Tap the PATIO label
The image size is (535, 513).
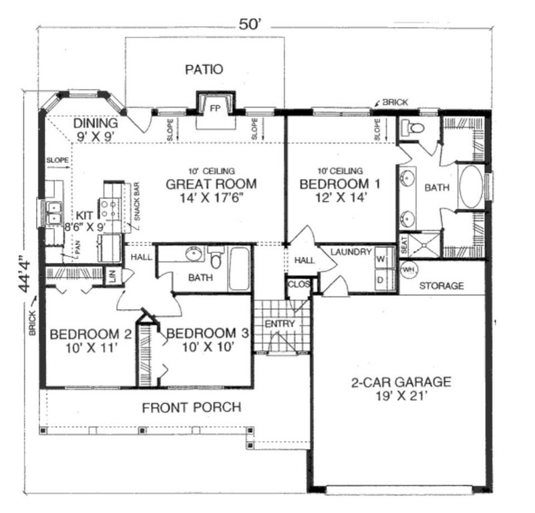(x=204, y=69)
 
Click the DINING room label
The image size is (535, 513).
(x=96, y=124)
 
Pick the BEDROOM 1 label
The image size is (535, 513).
(x=333, y=184)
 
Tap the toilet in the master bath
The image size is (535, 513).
(x=415, y=128)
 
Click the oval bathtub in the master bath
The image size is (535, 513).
(x=472, y=188)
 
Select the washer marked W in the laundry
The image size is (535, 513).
(x=381, y=258)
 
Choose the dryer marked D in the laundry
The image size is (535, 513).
(x=381, y=280)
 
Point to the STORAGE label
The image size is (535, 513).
(x=441, y=286)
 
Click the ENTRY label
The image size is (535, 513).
(x=280, y=324)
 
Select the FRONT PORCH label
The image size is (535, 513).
(x=191, y=407)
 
